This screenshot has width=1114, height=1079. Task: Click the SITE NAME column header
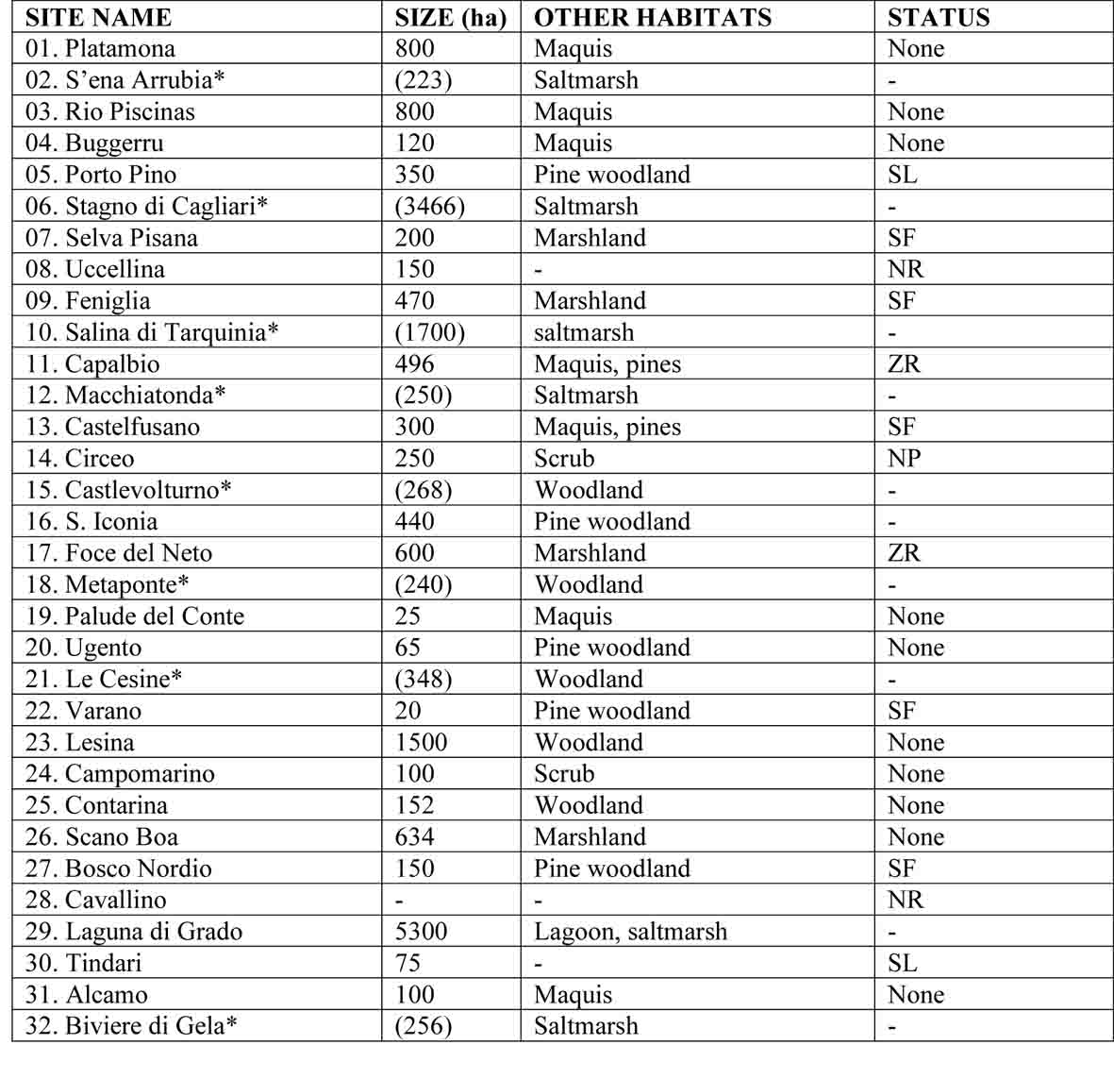pyautogui.click(x=98, y=17)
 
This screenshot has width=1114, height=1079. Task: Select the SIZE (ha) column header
pyautogui.click(x=450, y=17)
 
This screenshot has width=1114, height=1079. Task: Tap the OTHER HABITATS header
pyautogui.click(x=652, y=17)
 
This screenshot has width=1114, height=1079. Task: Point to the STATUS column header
pyautogui.click(x=938, y=17)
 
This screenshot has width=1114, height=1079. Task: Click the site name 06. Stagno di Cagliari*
pyautogui.click(x=146, y=206)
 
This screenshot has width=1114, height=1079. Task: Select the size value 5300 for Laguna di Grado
pyautogui.click(x=421, y=932)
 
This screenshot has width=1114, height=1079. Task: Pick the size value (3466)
pyautogui.click(x=429, y=206)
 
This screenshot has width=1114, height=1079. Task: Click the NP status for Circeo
pyautogui.click(x=904, y=459)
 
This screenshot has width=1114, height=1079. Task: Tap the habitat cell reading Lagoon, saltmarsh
pyautogui.click(x=630, y=932)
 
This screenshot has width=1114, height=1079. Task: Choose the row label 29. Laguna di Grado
pyautogui.click(x=134, y=932)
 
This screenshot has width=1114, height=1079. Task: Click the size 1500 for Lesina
pyautogui.click(x=421, y=742)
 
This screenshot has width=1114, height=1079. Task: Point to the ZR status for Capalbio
pyautogui.click(x=904, y=363)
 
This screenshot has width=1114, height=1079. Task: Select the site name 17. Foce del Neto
pyautogui.click(x=119, y=553)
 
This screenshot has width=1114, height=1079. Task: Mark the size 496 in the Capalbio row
pyautogui.click(x=414, y=363)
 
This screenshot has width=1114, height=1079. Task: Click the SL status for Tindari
pyautogui.click(x=902, y=963)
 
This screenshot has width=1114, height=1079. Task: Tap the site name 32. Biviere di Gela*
pyautogui.click(x=131, y=1026)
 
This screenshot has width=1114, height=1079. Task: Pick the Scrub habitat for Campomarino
pyautogui.click(x=564, y=774)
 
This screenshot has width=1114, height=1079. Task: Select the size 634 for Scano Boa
pyautogui.click(x=414, y=837)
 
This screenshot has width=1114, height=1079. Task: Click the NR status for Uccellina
pyautogui.click(x=905, y=269)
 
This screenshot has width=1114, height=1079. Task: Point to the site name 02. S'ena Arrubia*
pyautogui.click(x=125, y=80)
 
